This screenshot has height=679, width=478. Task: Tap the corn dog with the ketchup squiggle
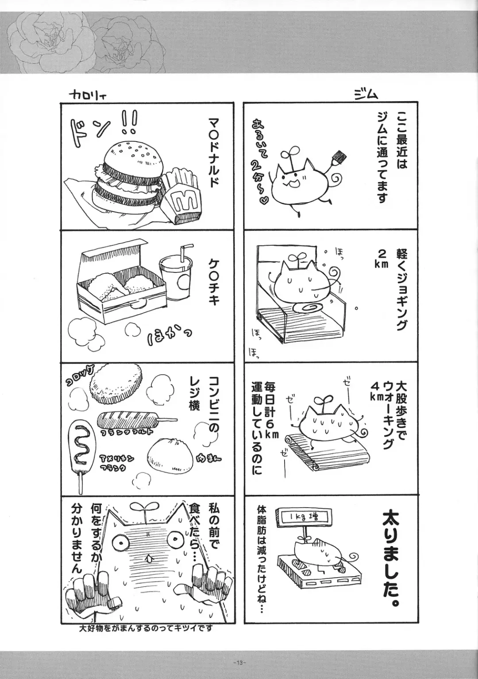point(80,447)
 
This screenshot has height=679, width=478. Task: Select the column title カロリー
point(89,94)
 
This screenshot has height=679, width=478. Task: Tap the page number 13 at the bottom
point(239,663)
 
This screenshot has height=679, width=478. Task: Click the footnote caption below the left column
point(146,629)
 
